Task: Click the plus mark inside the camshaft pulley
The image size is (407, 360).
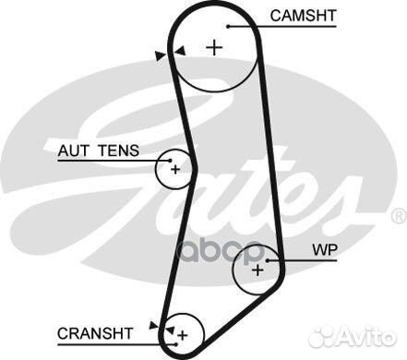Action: point(215,47)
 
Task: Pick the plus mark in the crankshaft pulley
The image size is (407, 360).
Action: point(182,333)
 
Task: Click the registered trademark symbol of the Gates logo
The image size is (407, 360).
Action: point(398,216)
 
